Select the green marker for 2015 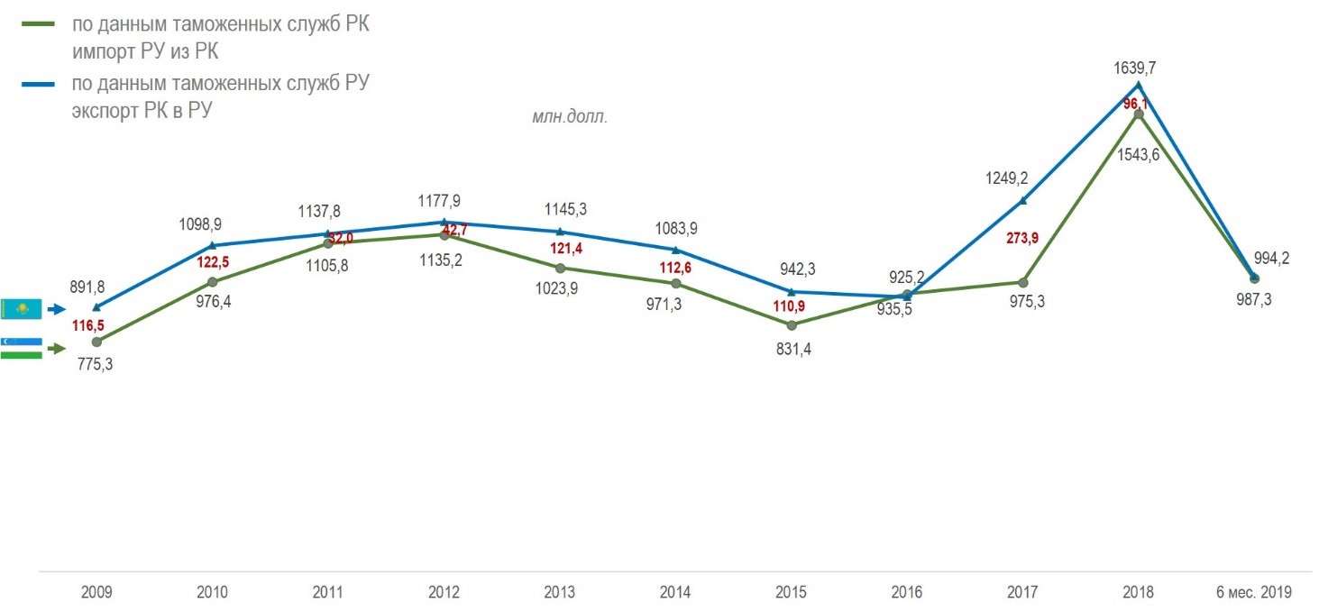pos(792,324)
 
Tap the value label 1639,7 pos(1139,66)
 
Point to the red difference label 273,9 pos(1023,238)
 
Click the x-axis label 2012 pos(444,593)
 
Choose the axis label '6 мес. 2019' pos(1254,593)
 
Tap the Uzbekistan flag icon pos(22,349)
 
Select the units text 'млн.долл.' pos(570,117)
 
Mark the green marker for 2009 pos(96,342)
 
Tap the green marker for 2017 pos(1023,282)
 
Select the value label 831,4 pos(792,350)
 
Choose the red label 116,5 pos(89,324)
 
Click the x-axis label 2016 pos(907,593)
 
